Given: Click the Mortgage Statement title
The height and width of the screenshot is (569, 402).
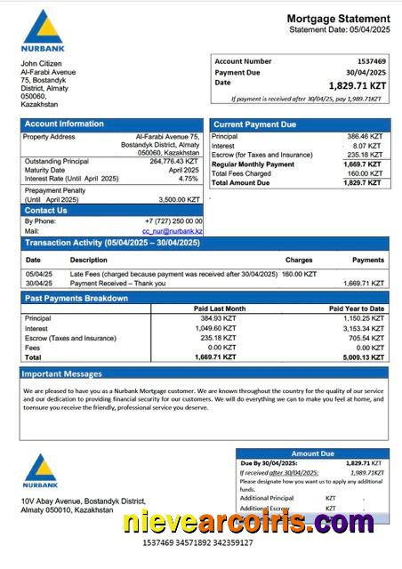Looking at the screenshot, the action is click(x=338, y=19).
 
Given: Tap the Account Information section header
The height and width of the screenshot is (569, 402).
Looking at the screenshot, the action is click(x=64, y=124).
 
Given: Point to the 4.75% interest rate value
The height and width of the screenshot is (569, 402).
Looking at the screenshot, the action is click(x=189, y=178).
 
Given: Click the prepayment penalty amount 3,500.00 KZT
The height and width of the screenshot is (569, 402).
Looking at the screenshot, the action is click(x=179, y=200).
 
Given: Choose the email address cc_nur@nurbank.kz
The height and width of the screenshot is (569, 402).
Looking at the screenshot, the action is click(x=173, y=231).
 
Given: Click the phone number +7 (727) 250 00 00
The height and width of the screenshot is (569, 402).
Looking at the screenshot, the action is click(x=173, y=220).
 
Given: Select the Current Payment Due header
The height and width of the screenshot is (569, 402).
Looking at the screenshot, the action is click(x=255, y=124).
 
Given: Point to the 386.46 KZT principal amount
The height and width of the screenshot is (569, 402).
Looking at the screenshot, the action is click(x=364, y=136).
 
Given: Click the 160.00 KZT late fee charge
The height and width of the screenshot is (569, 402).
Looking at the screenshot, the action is click(x=299, y=274).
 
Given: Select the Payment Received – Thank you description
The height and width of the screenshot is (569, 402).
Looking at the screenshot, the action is click(x=117, y=284).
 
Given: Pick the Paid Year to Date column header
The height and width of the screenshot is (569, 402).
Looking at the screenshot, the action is click(x=357, y=309).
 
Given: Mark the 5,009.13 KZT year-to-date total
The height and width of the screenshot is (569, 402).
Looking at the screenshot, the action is click(x=363, y=357).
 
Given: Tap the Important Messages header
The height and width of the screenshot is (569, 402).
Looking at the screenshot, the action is click(x=63, y=373).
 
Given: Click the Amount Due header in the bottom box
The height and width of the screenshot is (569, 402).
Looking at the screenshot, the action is click(x=312, y=453).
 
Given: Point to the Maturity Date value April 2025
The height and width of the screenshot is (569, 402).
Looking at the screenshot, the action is click(x=184, y=169).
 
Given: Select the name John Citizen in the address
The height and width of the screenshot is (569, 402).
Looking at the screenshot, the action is click(x=41, y=64).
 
